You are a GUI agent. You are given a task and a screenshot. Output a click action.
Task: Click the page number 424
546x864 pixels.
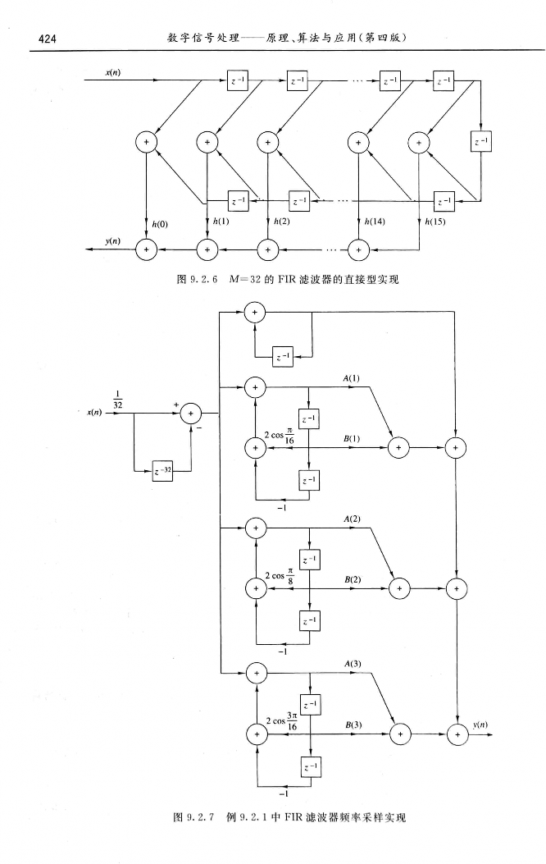point(38,39)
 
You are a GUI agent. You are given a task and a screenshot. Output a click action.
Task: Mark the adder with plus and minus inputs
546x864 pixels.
point(192,414)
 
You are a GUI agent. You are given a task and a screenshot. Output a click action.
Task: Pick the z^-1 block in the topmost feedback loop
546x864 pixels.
point(284,357)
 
